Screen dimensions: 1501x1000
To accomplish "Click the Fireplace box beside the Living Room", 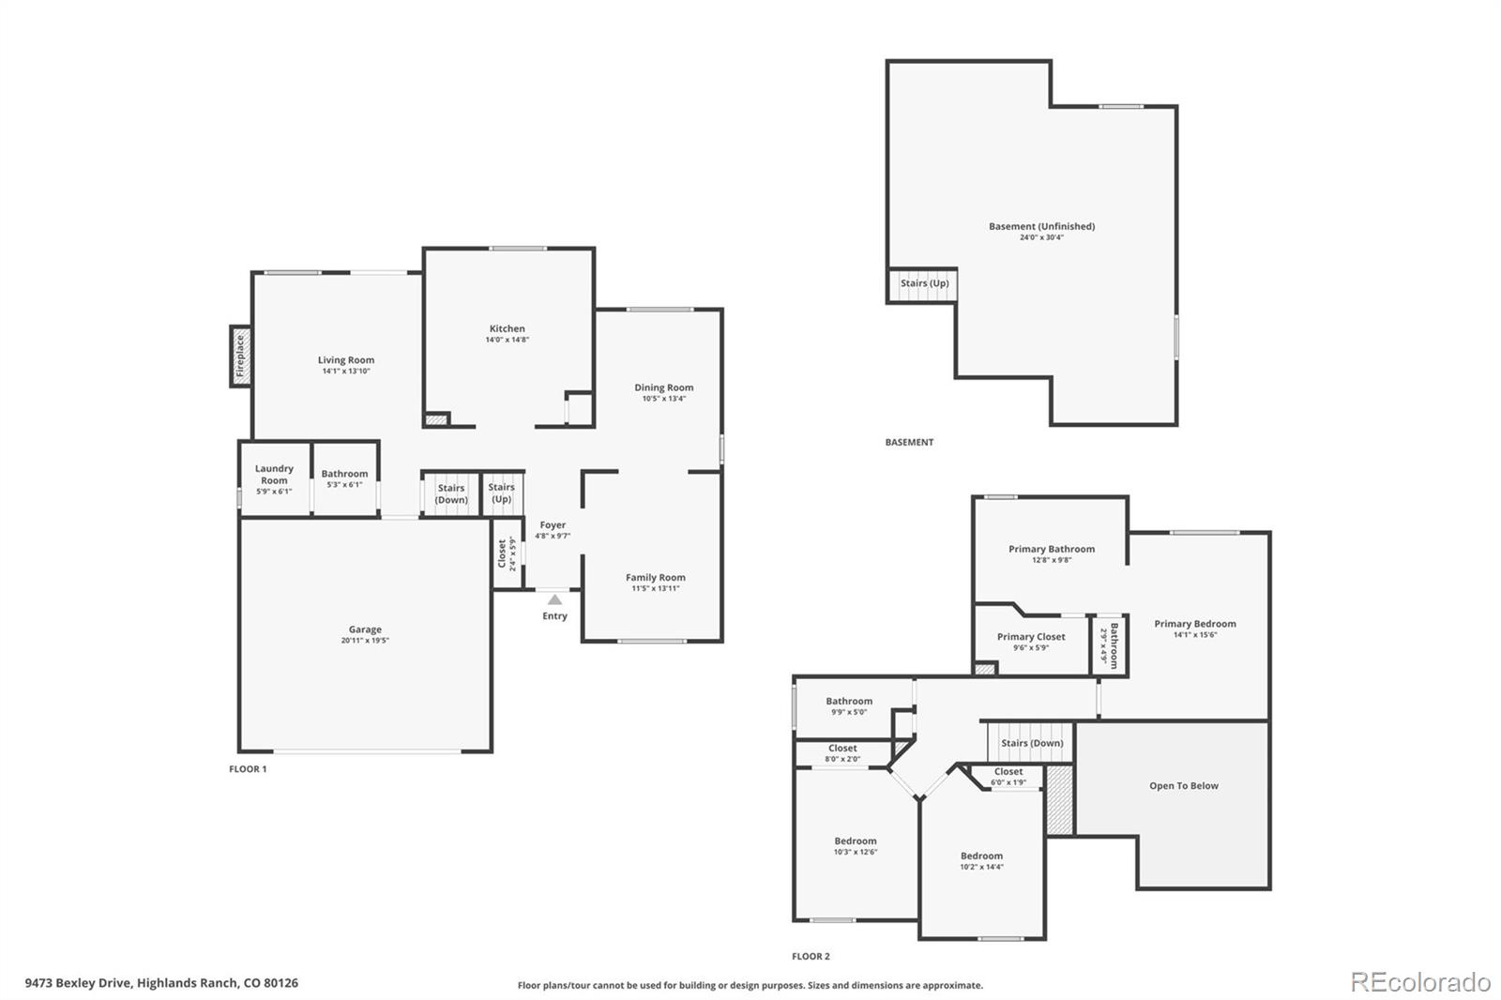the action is pos(240,356).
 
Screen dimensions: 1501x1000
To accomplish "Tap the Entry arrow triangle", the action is pos(554,599).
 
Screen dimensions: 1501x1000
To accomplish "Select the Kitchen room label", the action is pos(508,328).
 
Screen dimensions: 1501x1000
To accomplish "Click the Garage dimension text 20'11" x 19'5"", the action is pos(365,640).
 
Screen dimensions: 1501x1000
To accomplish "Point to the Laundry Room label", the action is pos(274,474).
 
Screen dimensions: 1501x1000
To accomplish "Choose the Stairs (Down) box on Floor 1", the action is pos(451,494).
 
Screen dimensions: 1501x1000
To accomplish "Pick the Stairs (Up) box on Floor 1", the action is pos(502,494).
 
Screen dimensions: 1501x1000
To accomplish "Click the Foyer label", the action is pos(553,524).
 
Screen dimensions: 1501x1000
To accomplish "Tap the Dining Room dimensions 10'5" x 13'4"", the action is pos(664,398).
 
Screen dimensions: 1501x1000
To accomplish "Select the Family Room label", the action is pos(656,577).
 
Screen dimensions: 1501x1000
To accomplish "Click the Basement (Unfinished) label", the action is pos(1042,226).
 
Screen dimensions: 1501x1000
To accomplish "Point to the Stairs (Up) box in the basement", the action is pos(922,285).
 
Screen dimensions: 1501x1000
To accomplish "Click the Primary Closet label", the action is pos(1031,637).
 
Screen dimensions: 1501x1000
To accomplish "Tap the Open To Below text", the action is pos(1184,785).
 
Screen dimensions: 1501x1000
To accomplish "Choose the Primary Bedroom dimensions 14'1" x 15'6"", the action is pos(1195,635).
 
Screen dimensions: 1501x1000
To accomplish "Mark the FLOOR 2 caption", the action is pos(811,957).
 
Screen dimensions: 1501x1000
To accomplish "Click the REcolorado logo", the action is pos(1420,982).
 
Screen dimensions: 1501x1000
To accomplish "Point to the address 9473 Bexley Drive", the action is pos(79,983).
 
